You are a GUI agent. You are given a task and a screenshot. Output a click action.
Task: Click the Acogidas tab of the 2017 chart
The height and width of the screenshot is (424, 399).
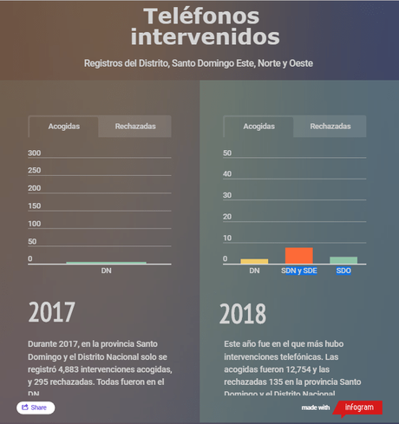pos(63,127)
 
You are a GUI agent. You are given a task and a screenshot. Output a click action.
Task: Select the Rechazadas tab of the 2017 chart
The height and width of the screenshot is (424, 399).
pos(134,127)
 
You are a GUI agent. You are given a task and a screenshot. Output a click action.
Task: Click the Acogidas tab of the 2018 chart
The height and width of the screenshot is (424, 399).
pos(258,127)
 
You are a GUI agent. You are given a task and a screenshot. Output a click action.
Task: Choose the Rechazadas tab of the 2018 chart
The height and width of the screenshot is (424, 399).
pos(330,127)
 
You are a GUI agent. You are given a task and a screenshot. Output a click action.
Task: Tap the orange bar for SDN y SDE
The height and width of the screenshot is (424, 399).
pos(298,255)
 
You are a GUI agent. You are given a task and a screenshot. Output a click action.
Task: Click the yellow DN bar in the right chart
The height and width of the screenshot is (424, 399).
pos(254,261)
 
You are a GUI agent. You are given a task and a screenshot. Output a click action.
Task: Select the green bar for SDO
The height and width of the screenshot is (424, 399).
pos(343,260)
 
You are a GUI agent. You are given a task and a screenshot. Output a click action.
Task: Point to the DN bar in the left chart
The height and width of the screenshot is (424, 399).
pos(106,263)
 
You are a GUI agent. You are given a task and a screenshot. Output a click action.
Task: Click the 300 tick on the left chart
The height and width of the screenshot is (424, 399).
pos(35,153)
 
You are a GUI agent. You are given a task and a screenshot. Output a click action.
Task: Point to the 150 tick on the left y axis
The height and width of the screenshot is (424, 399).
pos(35,206)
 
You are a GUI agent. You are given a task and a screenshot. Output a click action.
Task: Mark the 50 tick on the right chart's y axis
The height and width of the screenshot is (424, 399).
pos(227,153)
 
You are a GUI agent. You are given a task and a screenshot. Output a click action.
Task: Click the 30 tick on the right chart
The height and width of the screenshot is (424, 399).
pos(227,195)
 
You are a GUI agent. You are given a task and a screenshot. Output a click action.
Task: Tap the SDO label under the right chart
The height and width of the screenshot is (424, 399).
pos(343,271)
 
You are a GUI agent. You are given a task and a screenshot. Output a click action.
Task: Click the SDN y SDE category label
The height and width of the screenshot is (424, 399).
pos(298,271)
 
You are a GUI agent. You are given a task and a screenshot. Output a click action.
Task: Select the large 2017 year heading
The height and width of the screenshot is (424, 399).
pos(52,312)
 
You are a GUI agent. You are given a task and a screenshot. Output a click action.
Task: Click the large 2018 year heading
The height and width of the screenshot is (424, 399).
pos(243,313)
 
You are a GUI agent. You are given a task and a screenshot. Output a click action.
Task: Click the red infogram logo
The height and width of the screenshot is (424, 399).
pos(357,407)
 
